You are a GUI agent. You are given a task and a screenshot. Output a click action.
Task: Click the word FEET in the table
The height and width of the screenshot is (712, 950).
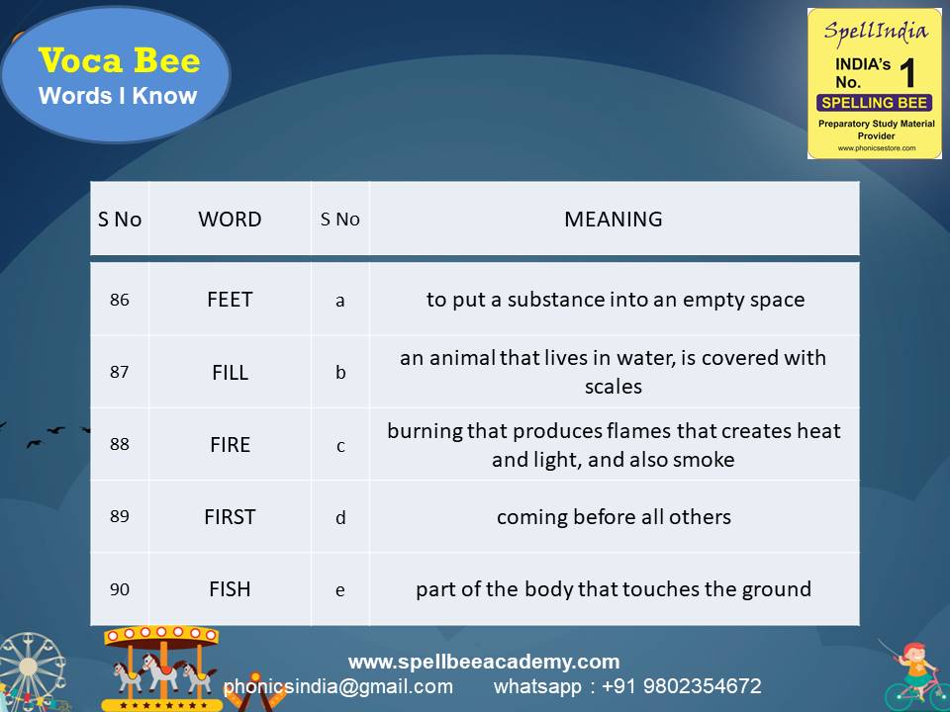(x=230, y=300)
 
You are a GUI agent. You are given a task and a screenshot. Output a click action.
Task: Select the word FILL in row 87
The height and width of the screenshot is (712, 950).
(x=230, y=373)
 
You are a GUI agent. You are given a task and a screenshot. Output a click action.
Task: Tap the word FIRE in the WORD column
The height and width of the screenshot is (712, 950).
(x=230, y=445)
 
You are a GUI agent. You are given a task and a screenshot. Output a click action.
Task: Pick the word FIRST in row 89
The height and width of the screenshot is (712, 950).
(x=230, y=517)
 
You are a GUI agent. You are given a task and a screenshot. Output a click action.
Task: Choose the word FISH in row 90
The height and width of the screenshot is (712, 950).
(x=230, y=589)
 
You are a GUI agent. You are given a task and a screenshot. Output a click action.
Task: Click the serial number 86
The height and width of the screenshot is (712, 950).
(x=119, y=300)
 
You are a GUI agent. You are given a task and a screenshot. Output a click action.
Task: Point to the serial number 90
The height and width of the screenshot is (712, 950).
(x=119, y=589)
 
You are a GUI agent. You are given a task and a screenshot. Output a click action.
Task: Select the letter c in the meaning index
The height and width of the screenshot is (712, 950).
(x=340, y=446)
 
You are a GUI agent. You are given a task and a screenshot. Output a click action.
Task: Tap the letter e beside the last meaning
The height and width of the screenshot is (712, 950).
(x=340, y=590)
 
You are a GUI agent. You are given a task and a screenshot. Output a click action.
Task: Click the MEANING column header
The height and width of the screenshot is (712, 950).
(x=614, y=220)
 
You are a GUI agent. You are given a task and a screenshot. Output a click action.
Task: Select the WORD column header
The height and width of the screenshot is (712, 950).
(x=230, y=220)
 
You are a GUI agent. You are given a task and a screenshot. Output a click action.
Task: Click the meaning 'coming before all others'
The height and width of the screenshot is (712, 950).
(x=614, y=517)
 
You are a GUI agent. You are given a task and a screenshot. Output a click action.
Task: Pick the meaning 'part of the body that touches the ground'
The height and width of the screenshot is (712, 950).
(x=614, y=589)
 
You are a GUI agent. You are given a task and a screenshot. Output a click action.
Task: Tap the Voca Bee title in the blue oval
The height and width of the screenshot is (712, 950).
(x=119, y=61)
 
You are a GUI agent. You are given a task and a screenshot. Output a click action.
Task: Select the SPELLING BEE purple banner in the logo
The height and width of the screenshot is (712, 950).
(x=874, y=103)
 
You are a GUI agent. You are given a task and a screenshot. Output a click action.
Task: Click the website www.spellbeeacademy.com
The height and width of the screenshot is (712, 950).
(x=483, y=662)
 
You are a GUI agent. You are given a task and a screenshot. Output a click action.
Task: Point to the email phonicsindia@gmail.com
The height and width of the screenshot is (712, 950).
(x=337, y=686)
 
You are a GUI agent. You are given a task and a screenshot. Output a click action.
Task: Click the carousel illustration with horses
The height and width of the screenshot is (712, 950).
(x=163, y=667)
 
